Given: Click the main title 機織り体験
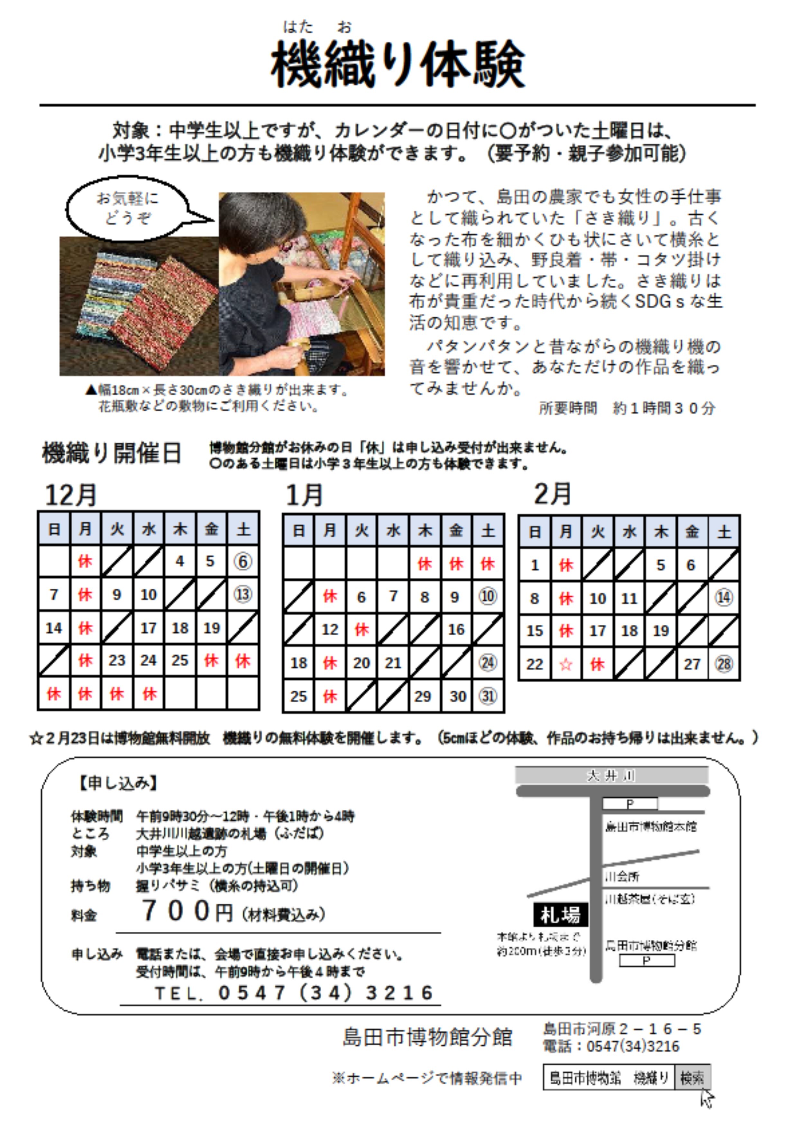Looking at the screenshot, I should pos(398,64).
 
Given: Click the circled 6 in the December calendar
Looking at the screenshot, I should pos(243,562).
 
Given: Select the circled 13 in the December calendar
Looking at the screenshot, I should pos(243,594).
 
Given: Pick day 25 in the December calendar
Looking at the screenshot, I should pos(180,660).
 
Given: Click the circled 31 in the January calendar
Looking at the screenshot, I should pos(488,696).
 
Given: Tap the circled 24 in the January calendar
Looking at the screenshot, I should pos(488,663).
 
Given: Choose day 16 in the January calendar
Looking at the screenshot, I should pos(456,630).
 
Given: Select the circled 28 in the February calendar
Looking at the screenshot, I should pos(724,664).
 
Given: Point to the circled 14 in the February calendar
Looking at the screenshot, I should pos(724,598).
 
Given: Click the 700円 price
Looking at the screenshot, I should pos(187,911).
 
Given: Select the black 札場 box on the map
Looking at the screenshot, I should pos(561,915).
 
